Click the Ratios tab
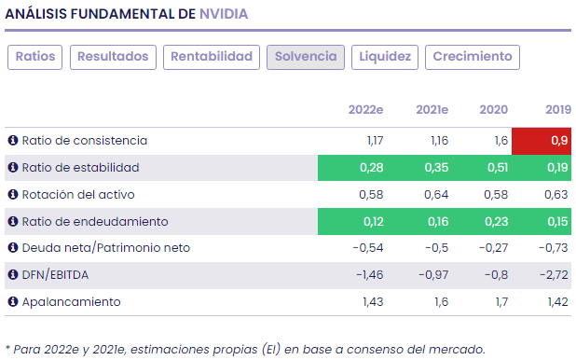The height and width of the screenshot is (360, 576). [35, 57]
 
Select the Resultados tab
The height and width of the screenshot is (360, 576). [113, 57]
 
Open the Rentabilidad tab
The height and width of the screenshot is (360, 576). [212, 57]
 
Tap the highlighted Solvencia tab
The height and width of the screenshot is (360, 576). [306, 57]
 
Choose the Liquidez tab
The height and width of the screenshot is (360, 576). [385, 57]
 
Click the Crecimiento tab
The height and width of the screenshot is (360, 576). [473, 57]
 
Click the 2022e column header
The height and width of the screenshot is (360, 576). [366, 110]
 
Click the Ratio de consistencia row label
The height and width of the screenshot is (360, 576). [85, 141]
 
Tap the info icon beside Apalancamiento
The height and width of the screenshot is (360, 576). [13, 302]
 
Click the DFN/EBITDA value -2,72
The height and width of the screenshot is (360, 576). [554, 275]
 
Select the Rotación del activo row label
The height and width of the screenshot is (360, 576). [84, 195]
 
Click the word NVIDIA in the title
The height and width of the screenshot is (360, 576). [224, 15]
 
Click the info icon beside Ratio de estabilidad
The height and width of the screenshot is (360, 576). [13, 168]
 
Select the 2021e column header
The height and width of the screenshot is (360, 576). [432, 110]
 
